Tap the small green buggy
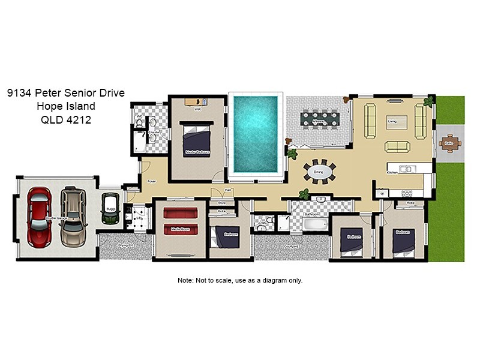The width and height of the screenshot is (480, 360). click(x=109, y=208)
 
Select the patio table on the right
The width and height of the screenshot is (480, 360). click(x=448, y=143)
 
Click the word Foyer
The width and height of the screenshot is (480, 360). click(x=152, y=181)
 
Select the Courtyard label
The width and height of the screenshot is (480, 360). click(x=291, y=246)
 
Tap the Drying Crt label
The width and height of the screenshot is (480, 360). click(x=125, y=246)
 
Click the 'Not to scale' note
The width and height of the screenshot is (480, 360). click(x=240, y=280)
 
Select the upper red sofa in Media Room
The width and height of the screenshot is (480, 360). click(x=181, y=213)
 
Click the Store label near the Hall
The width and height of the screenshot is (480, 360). click(x=221, y=203)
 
